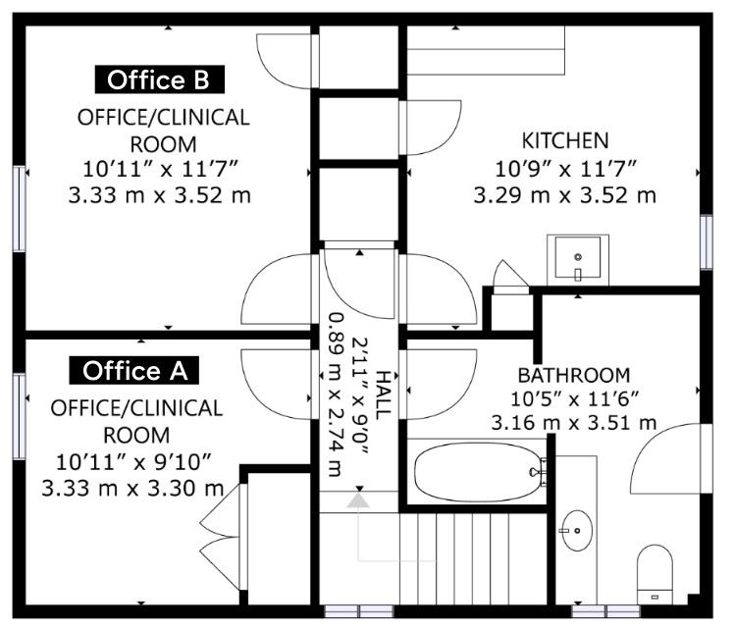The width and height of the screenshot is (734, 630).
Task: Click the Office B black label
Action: [x=160, y=79]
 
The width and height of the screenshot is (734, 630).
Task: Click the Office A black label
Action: [x=134, y=371]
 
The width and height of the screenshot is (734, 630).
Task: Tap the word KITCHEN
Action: [x=565, y=140]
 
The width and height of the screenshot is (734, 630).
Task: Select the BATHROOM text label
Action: [x=574, y=376]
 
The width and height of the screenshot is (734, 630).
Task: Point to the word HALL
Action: [x=383, y=394]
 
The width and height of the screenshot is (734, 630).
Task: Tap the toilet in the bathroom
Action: [x=655, y=574]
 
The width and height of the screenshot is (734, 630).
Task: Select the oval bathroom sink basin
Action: [x=577, y=530]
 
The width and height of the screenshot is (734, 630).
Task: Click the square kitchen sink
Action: [x=578, y=259]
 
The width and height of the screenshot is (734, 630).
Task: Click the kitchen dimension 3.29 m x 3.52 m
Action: [x=565, y=195]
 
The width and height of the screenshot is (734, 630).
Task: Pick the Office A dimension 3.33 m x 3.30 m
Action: [x=132, y=488]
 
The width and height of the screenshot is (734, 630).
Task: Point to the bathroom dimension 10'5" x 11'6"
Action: [x=574, y=399]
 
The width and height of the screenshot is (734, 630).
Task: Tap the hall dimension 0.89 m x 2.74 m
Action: [x=336, y=394]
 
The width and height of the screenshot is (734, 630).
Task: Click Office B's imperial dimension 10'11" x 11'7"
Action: [x=161, y=169]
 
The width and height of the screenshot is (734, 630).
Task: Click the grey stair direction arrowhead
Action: [x=358, y=500]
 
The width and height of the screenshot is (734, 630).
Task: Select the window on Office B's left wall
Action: [x=19, y=209]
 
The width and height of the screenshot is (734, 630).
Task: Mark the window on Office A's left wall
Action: [x=19, y=416]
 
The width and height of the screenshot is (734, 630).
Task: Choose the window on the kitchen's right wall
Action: [x=707, y=242]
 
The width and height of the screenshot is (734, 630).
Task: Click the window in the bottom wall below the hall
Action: [x=359, y=611]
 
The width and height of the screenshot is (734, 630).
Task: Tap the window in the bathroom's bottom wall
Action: [x=605, y=611]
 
